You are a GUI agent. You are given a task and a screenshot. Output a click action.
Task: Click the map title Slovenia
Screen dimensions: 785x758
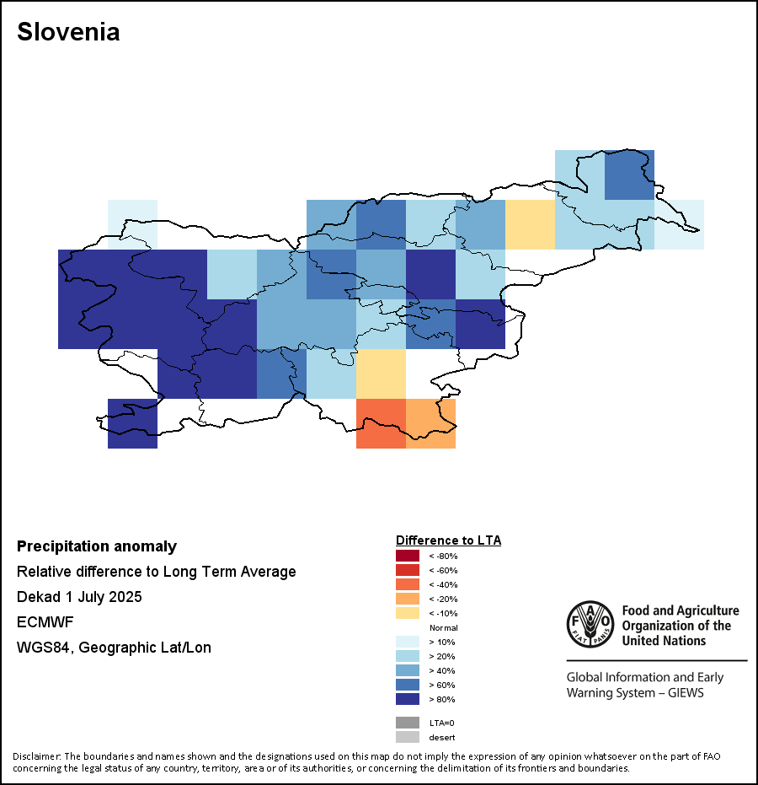pos(68,32)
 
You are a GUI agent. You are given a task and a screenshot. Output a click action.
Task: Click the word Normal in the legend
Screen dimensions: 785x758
pos(443,627)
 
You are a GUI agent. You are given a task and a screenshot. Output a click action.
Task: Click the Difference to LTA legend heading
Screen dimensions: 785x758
pos(448,540)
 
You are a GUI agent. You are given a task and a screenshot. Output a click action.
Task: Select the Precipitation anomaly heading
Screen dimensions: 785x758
pos(97,546)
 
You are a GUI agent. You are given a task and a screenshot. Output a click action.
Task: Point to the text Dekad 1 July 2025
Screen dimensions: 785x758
pos(79,597)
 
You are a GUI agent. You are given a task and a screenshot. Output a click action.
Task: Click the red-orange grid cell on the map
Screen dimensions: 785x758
pos(381,423)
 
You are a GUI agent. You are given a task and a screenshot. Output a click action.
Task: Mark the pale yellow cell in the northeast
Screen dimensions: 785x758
pos(530,224)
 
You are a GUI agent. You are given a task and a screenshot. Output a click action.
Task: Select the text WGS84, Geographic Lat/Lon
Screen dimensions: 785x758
pos(114,648)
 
